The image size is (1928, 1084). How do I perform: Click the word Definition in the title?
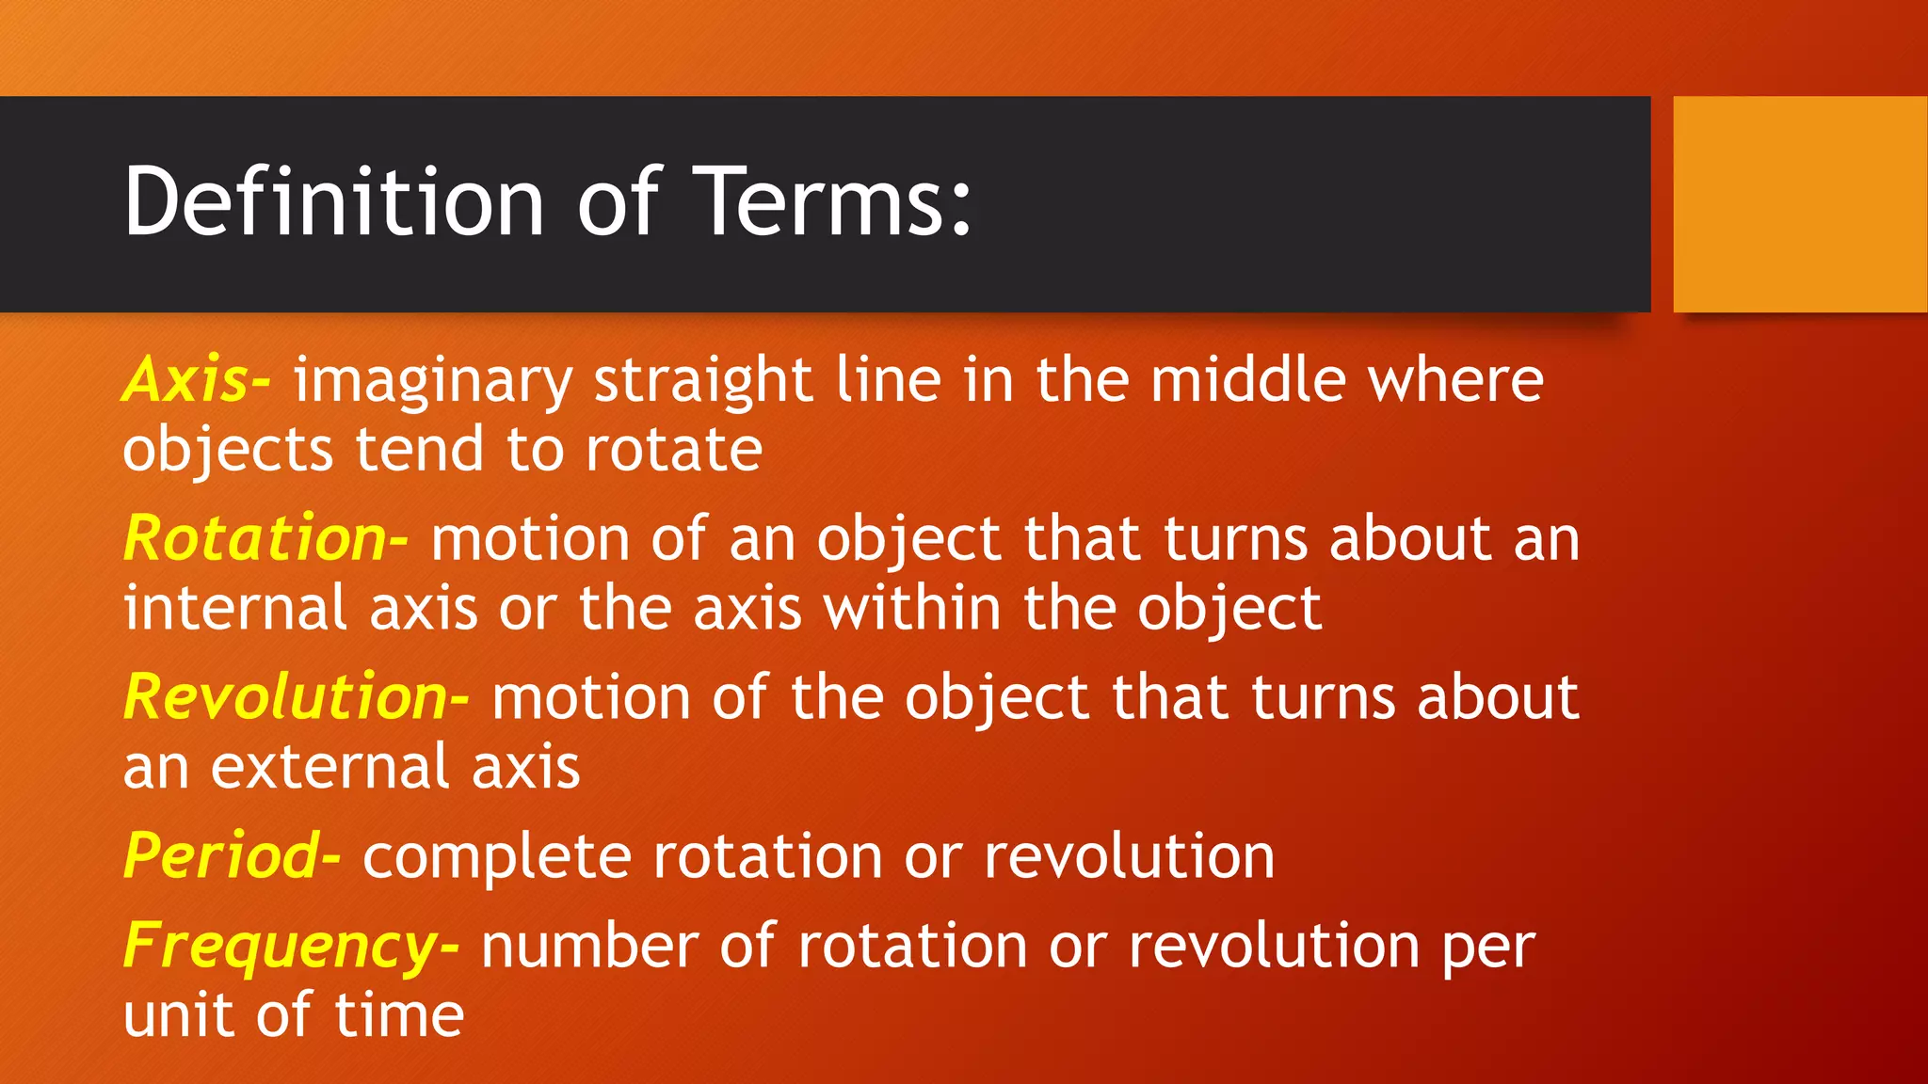point(334,201)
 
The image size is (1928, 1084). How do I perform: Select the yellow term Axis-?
point(197,380)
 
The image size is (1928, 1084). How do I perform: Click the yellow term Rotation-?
point(265,539)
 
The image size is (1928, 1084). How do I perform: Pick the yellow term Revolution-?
point(296,697)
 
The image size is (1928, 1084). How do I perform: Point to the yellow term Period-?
point(232,856)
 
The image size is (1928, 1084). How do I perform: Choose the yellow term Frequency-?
point(291,946)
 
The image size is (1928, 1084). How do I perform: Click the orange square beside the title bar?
point(1800,204)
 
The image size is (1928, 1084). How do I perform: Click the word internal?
point(235,608)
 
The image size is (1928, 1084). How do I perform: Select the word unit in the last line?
point(178,1015)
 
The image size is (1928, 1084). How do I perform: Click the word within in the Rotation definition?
point(912,608)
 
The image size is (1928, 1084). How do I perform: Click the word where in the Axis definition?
point(1455,380)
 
